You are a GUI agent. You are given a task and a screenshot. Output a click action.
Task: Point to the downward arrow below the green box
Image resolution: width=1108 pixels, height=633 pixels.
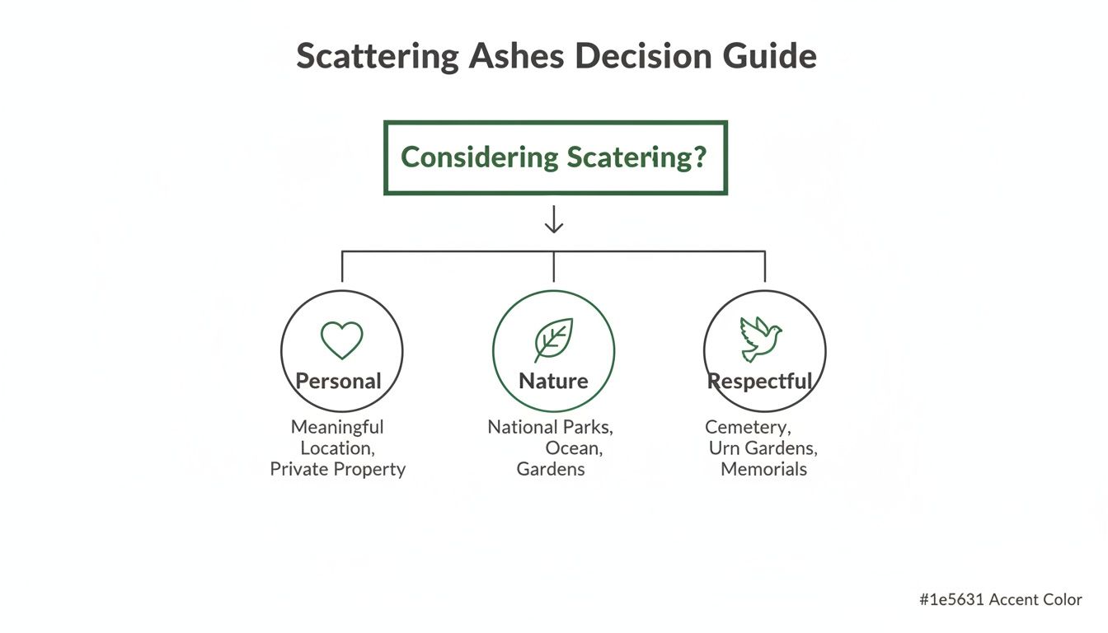coord(554,219)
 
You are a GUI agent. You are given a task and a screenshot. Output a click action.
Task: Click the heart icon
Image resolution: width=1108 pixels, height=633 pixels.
coord(341,340)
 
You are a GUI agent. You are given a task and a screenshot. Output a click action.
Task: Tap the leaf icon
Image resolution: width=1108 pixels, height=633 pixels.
coord(553,339)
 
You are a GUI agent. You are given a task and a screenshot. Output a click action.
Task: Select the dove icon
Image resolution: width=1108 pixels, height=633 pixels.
coord(761,339)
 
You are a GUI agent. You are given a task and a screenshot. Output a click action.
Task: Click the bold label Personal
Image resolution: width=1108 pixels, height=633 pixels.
coord(338,381)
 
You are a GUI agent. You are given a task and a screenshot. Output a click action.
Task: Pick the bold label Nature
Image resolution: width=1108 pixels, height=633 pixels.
coord(553,381)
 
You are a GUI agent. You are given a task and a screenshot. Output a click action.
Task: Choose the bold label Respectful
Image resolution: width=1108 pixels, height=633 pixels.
coord(760,381)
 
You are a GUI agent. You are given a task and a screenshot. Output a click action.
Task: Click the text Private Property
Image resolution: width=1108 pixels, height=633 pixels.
coord(338,469)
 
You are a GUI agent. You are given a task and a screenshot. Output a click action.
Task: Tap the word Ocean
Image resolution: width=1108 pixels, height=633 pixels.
coord(573,448)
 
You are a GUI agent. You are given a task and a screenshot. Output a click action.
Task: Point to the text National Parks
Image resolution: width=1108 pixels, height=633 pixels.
coord(550,427)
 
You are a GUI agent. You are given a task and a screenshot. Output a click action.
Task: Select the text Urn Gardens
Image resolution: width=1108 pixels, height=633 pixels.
coord(763,448)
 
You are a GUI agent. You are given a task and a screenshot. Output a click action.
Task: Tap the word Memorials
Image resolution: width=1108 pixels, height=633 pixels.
coord(763,469)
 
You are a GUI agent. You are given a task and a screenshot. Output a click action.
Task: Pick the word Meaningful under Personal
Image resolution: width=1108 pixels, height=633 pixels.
coord(337,427)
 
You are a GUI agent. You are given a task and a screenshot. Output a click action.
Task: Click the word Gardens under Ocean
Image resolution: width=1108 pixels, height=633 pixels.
coord(551,469)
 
